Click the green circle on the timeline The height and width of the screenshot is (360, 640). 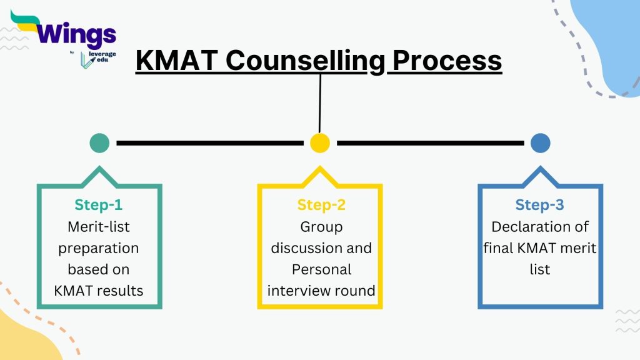point(99,143)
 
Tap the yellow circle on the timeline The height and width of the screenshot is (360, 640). point(320,143)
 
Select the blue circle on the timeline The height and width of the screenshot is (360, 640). point(540,143)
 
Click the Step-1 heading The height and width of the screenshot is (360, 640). point(99,205)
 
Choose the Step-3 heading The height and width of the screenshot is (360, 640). point(539,205)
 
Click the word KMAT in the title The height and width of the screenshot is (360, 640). point(177,61)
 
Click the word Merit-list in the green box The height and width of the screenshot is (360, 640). point(99,227)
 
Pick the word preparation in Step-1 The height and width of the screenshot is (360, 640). point(99,248)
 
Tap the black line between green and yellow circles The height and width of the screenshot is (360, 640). point(209,143)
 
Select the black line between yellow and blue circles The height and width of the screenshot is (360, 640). point(430,143)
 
